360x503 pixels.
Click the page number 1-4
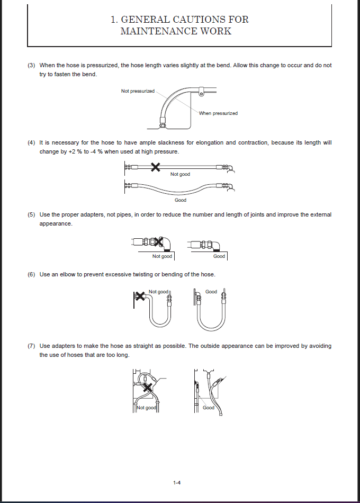pyautogui.click(x=177, y=482)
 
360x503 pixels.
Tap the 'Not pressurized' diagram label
pyautogui.click(x=138, y=91)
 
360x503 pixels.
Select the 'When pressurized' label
pyautogui.click(x=218, y=113)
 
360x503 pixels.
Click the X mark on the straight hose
pyautogui.click(x=155, y=167)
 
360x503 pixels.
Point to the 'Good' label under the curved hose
pyautogui.click(x=181, y=200)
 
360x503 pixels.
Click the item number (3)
pyautogui.click(x=31, y=65)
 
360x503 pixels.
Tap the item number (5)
pyautogui.click(x=31, y=214)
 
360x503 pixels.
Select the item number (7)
pyautogui.click(x=31, y=346)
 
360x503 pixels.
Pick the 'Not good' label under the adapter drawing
pyautogui.click(x=162, y=256)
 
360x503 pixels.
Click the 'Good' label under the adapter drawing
pyautogui.click(x=219, y=256)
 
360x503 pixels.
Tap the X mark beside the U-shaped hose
pyautogui.click(x=140, y=297)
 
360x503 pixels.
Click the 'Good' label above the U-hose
pyautogui.click(x=211, y=292)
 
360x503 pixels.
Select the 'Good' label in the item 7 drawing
pyautogui.click(x=209, y=408)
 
